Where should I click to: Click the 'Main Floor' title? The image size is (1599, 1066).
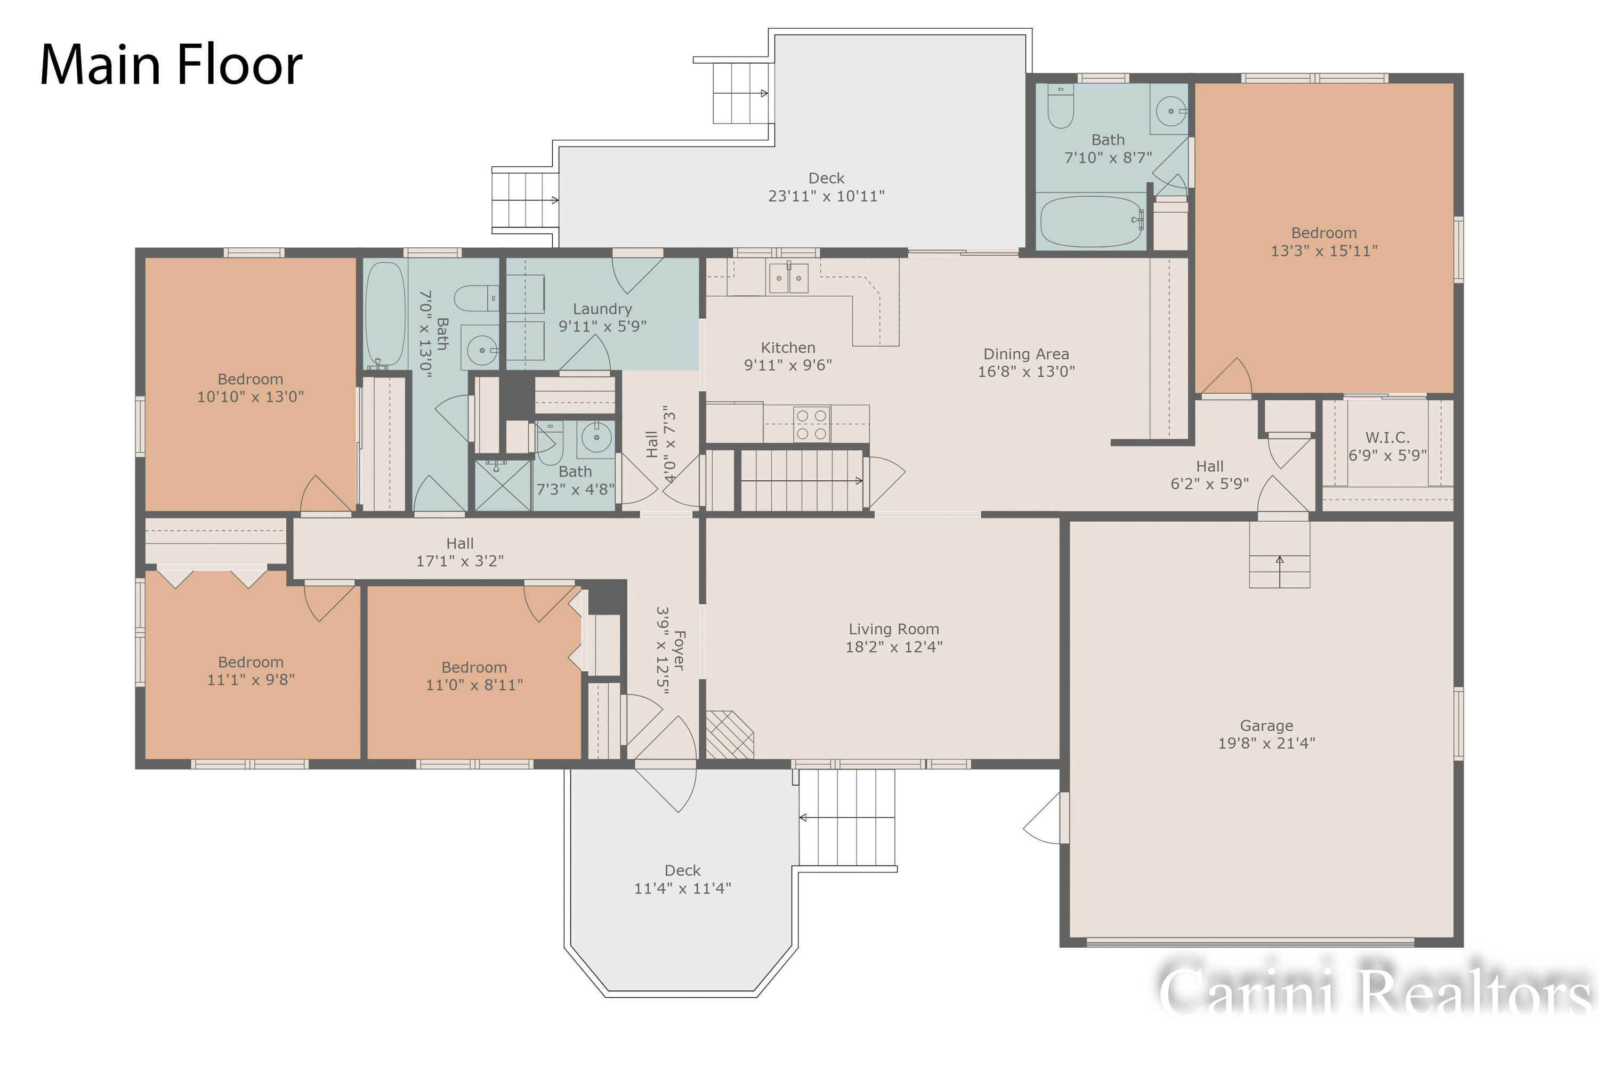point(171,64)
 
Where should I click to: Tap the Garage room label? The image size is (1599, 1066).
point(1266,725)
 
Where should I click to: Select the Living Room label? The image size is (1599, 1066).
point(893,629)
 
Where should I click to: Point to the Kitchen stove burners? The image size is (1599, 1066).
point(811,424)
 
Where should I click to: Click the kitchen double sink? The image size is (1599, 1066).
point(789,277)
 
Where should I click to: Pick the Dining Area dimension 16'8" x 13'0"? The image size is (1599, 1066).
point(1026,371)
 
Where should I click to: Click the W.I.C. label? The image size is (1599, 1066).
point(1387,437)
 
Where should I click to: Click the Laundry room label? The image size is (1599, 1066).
point(602,309)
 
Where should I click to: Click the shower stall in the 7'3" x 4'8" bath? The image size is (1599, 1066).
point(503,484)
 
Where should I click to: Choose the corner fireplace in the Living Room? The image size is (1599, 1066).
point(729,734)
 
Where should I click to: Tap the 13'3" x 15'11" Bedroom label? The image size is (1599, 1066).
point(1323,232)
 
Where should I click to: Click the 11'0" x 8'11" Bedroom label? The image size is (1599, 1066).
point(474,667)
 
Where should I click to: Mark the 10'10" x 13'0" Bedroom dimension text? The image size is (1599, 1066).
point(250,397)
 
